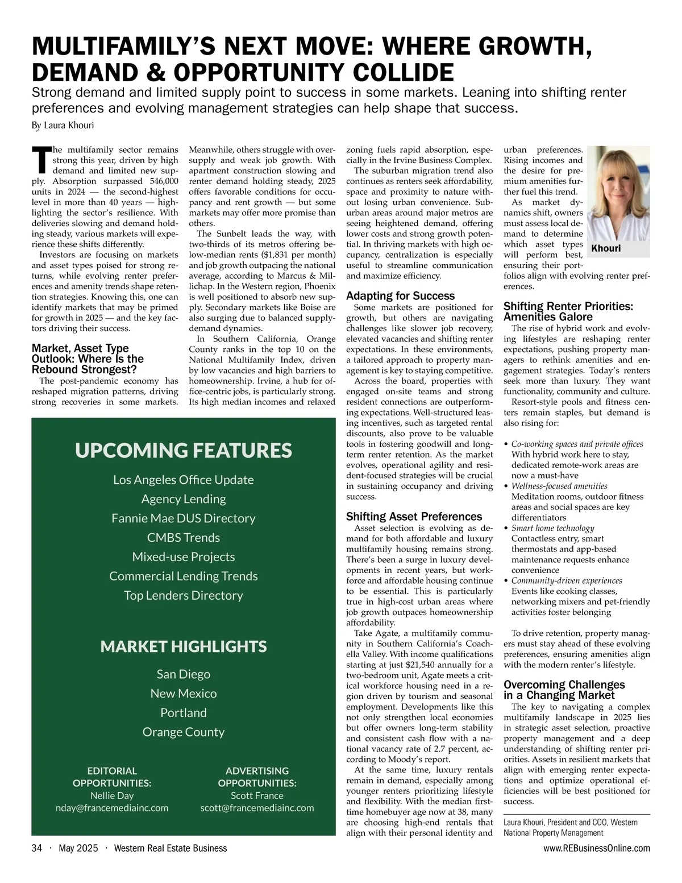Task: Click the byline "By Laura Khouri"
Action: [63, 125]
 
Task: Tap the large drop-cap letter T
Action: [41, 161]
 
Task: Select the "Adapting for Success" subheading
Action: [400, 296]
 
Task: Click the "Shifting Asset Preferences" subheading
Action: [414, 517]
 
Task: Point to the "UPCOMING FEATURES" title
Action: [184, 450]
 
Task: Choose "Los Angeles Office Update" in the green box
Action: [184, 480]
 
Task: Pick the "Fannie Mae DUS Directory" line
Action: [184, 518]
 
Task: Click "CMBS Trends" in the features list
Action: [184, 538]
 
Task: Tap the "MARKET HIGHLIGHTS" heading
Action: [184, 647]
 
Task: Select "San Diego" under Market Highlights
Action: [184, 675]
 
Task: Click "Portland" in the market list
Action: [184, 713]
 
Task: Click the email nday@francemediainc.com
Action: [112, 808]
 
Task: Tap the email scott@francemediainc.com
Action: [257, 808]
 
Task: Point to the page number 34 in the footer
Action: [37, 848]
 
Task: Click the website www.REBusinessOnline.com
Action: [596, 848]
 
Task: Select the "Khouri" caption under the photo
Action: [606, 249]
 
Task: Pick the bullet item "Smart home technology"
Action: [552, 528]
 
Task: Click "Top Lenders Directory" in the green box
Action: [184, 596]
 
